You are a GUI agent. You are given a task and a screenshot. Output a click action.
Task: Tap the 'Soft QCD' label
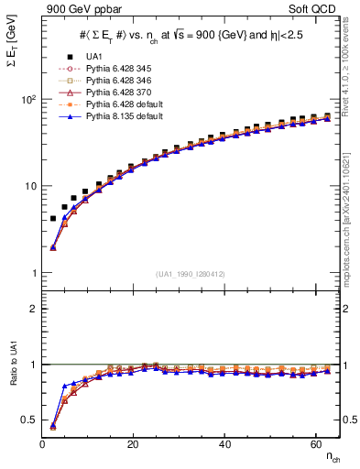coord(314,10)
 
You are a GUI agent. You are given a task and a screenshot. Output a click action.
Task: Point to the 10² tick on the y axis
coord(27,99)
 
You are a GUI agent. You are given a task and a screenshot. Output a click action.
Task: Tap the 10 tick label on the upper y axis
coord(29,186)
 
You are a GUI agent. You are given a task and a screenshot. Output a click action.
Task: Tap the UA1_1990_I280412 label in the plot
coord(191,274)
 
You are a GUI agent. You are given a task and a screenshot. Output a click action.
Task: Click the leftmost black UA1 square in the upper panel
coord(53,219)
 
